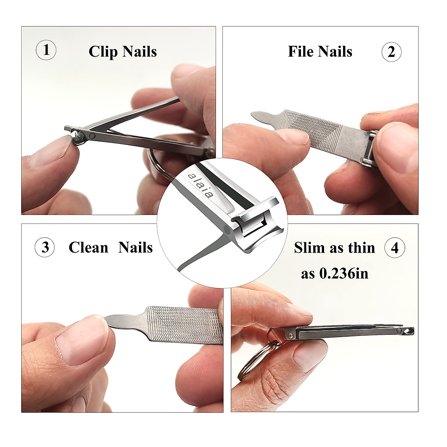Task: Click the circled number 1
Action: [x=46, y=50]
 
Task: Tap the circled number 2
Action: [x=391, y=52]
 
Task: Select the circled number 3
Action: [x=45, y=247]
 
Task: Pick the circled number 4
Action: [x=395, y=248]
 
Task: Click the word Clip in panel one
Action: [x=102, y=52]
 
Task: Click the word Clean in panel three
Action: [x=88, y=248]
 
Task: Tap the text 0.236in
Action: [x=344, y=274]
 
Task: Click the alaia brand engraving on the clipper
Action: [x=202, y=185]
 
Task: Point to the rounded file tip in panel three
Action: [x=112, y=319]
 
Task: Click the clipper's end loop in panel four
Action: [x=409, y=331]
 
